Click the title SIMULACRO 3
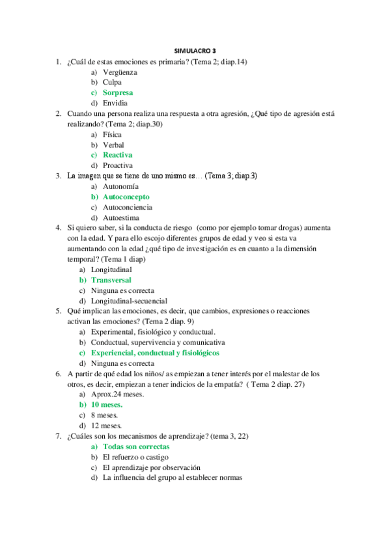pyautogui.click(x=195, y=50)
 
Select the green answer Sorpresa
pyautogui.click(x=117, y=92)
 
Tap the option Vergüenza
pyautogui.click(x=120, y=72)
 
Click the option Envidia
pyautogui.click(x=115, y=103)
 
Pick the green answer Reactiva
pyautogui.click(x=117, y=155)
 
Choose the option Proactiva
pyautogui.click(x=118, y=165)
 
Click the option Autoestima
pyautogui.click(x=120, y=217)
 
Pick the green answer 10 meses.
pyautogui.click(x=107, y=404)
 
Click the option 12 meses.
pyautogui.click(x=107, y=425)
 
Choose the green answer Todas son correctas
pyautogui.click(x=136, y=447)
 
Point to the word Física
pyautogui.click(x=112, y=134)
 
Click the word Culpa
pyautogui.click(x=112, y=82)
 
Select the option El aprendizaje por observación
pyautogui.click(x=151, y=467)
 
